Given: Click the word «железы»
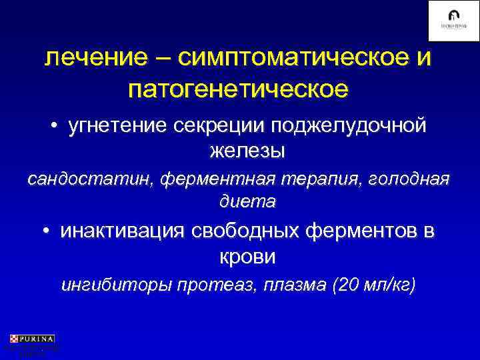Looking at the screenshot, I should (247, 151).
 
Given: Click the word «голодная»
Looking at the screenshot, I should (410, 180).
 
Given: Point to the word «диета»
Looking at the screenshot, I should (247, 200).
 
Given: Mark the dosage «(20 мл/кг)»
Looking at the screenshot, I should (377, 286).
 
